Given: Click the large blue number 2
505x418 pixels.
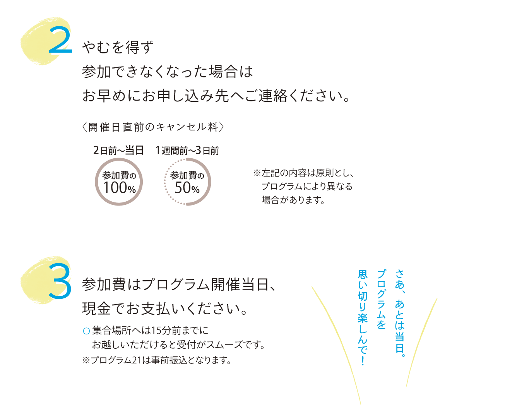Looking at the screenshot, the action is [x=60, y=40].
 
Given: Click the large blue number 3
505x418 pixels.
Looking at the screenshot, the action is [x=60, y=281].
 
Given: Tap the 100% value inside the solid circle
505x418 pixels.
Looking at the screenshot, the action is [x=119, y=188].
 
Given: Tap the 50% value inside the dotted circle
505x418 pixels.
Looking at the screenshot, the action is [x=187, y=188].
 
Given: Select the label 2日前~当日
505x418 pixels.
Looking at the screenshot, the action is [x=118, y=151].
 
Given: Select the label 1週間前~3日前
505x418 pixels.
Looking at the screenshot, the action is [x=187, y=151].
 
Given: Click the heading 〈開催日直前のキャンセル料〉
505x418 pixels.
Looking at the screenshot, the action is [x=153, y=127].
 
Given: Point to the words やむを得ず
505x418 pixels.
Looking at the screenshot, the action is [x=118, y=47].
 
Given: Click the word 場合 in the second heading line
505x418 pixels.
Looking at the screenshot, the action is [x=224, y=72].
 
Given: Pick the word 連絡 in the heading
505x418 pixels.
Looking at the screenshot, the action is [x=273, y=96].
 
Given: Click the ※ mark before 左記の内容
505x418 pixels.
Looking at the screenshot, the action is [x=257, y=173].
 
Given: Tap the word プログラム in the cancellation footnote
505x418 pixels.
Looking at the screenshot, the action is [x=282, y=187].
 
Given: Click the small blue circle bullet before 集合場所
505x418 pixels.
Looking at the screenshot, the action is [x=86, y=331].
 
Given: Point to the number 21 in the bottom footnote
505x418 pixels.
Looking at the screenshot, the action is [x=137, y=360].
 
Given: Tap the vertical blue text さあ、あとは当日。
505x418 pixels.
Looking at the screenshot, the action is [x=400, y=313].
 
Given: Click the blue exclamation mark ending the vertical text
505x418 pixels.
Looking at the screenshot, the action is [x=363, y=360].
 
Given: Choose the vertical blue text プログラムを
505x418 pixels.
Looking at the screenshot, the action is [x=381, y=300].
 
